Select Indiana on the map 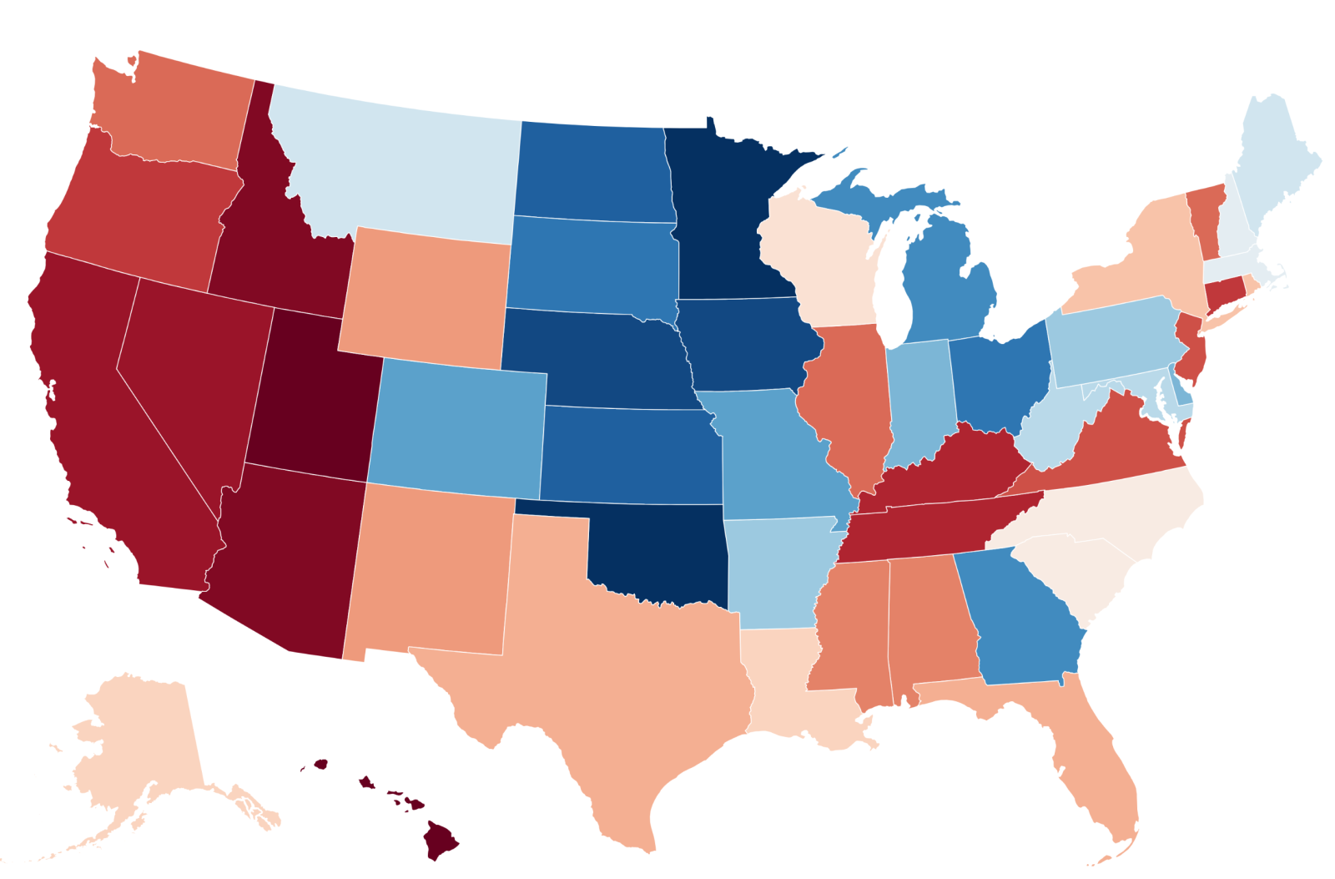[x=918, y=397]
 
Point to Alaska [x=142, y=751]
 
